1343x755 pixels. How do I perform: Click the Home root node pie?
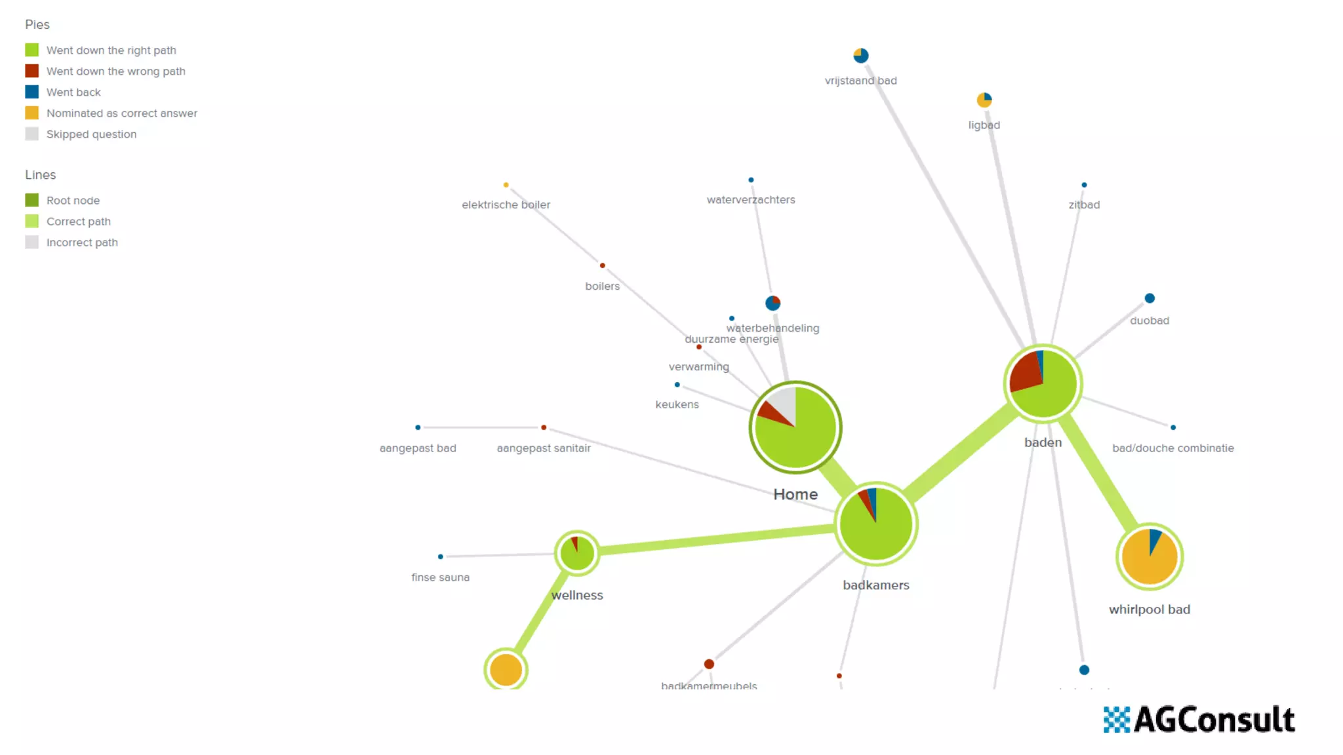click(x=795, y=427)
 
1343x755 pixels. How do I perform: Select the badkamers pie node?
click(x=876, y=524)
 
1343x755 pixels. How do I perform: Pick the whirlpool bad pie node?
click(x=1150, y=556)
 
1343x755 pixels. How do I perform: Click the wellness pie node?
click(x=577, y=553)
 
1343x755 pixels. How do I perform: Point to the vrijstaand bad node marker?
click(x=861, y=56)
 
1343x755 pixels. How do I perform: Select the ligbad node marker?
click(x=984, y=100)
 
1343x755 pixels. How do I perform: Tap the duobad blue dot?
click(x=1150, y=298)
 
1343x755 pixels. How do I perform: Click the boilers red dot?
click(x=602, y=265)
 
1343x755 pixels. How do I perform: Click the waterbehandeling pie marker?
click(x=773, y=303)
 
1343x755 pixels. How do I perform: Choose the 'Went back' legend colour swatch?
click(x=31, y=92)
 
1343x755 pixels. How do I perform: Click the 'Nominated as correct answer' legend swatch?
click(x=31, y=113)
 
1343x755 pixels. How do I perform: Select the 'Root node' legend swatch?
click(x=31, y=200)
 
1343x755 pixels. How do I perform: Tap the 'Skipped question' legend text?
click(x=91, y=134)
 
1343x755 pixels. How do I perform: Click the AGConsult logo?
click(x=1199, y=720)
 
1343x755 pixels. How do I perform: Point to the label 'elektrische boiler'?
click(x=506, y=204)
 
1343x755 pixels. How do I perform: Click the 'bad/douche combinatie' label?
click(x=1173, y=448)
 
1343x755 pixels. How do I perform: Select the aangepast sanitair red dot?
click(x=544, y=427)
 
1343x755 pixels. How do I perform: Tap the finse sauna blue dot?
click(x=441, y=556)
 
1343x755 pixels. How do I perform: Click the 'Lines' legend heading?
click(x=41, y=175)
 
